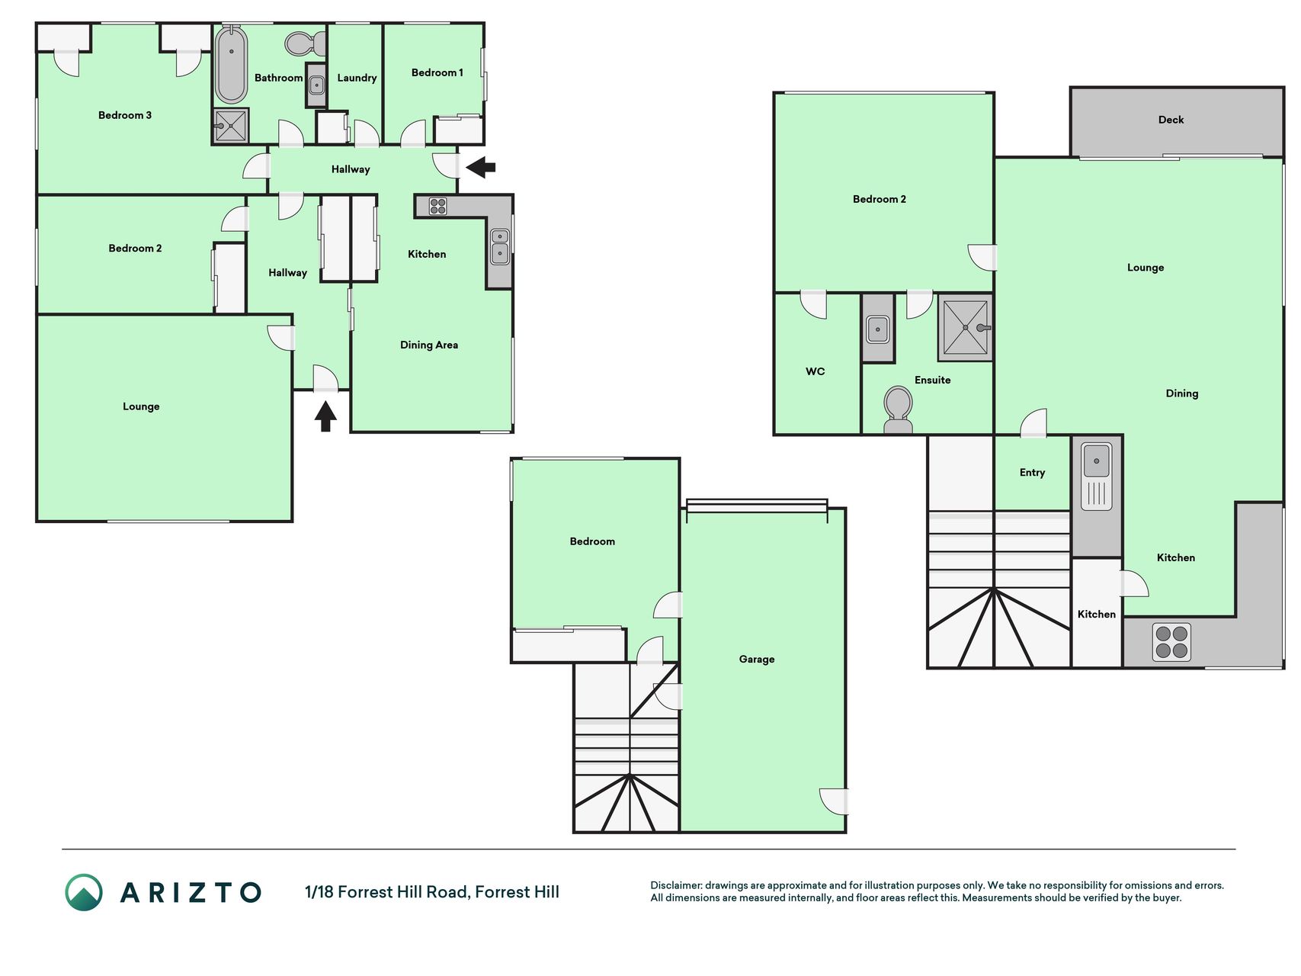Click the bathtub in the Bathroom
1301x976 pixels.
tap(231, 65)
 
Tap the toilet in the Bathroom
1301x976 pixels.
tap(305, 43)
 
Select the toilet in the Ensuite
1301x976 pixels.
tap(898, 410)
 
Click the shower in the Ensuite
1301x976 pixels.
tap(966, 328)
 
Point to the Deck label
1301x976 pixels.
tap(1171, 120)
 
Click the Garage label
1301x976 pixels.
tap(757, 660)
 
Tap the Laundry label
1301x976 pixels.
tap(357, 78)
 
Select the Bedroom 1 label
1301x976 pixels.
tap(437, 72)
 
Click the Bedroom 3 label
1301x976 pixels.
tap(125, 115)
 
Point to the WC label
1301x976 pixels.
tap(816, 371)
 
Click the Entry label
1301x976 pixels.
tap(1032, 473)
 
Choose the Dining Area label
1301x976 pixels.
tap(429, 345)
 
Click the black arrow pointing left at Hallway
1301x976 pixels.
tap(481, 166)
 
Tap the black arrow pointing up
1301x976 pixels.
tap(325, 417)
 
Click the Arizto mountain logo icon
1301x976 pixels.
tap(84, 893)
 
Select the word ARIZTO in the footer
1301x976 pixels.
tap(191, 893)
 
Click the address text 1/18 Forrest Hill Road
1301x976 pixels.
tap(387, 892)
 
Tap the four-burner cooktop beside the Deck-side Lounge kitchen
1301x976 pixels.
tap(1171, 642)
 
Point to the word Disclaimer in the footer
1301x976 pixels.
tap(675, 885)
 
